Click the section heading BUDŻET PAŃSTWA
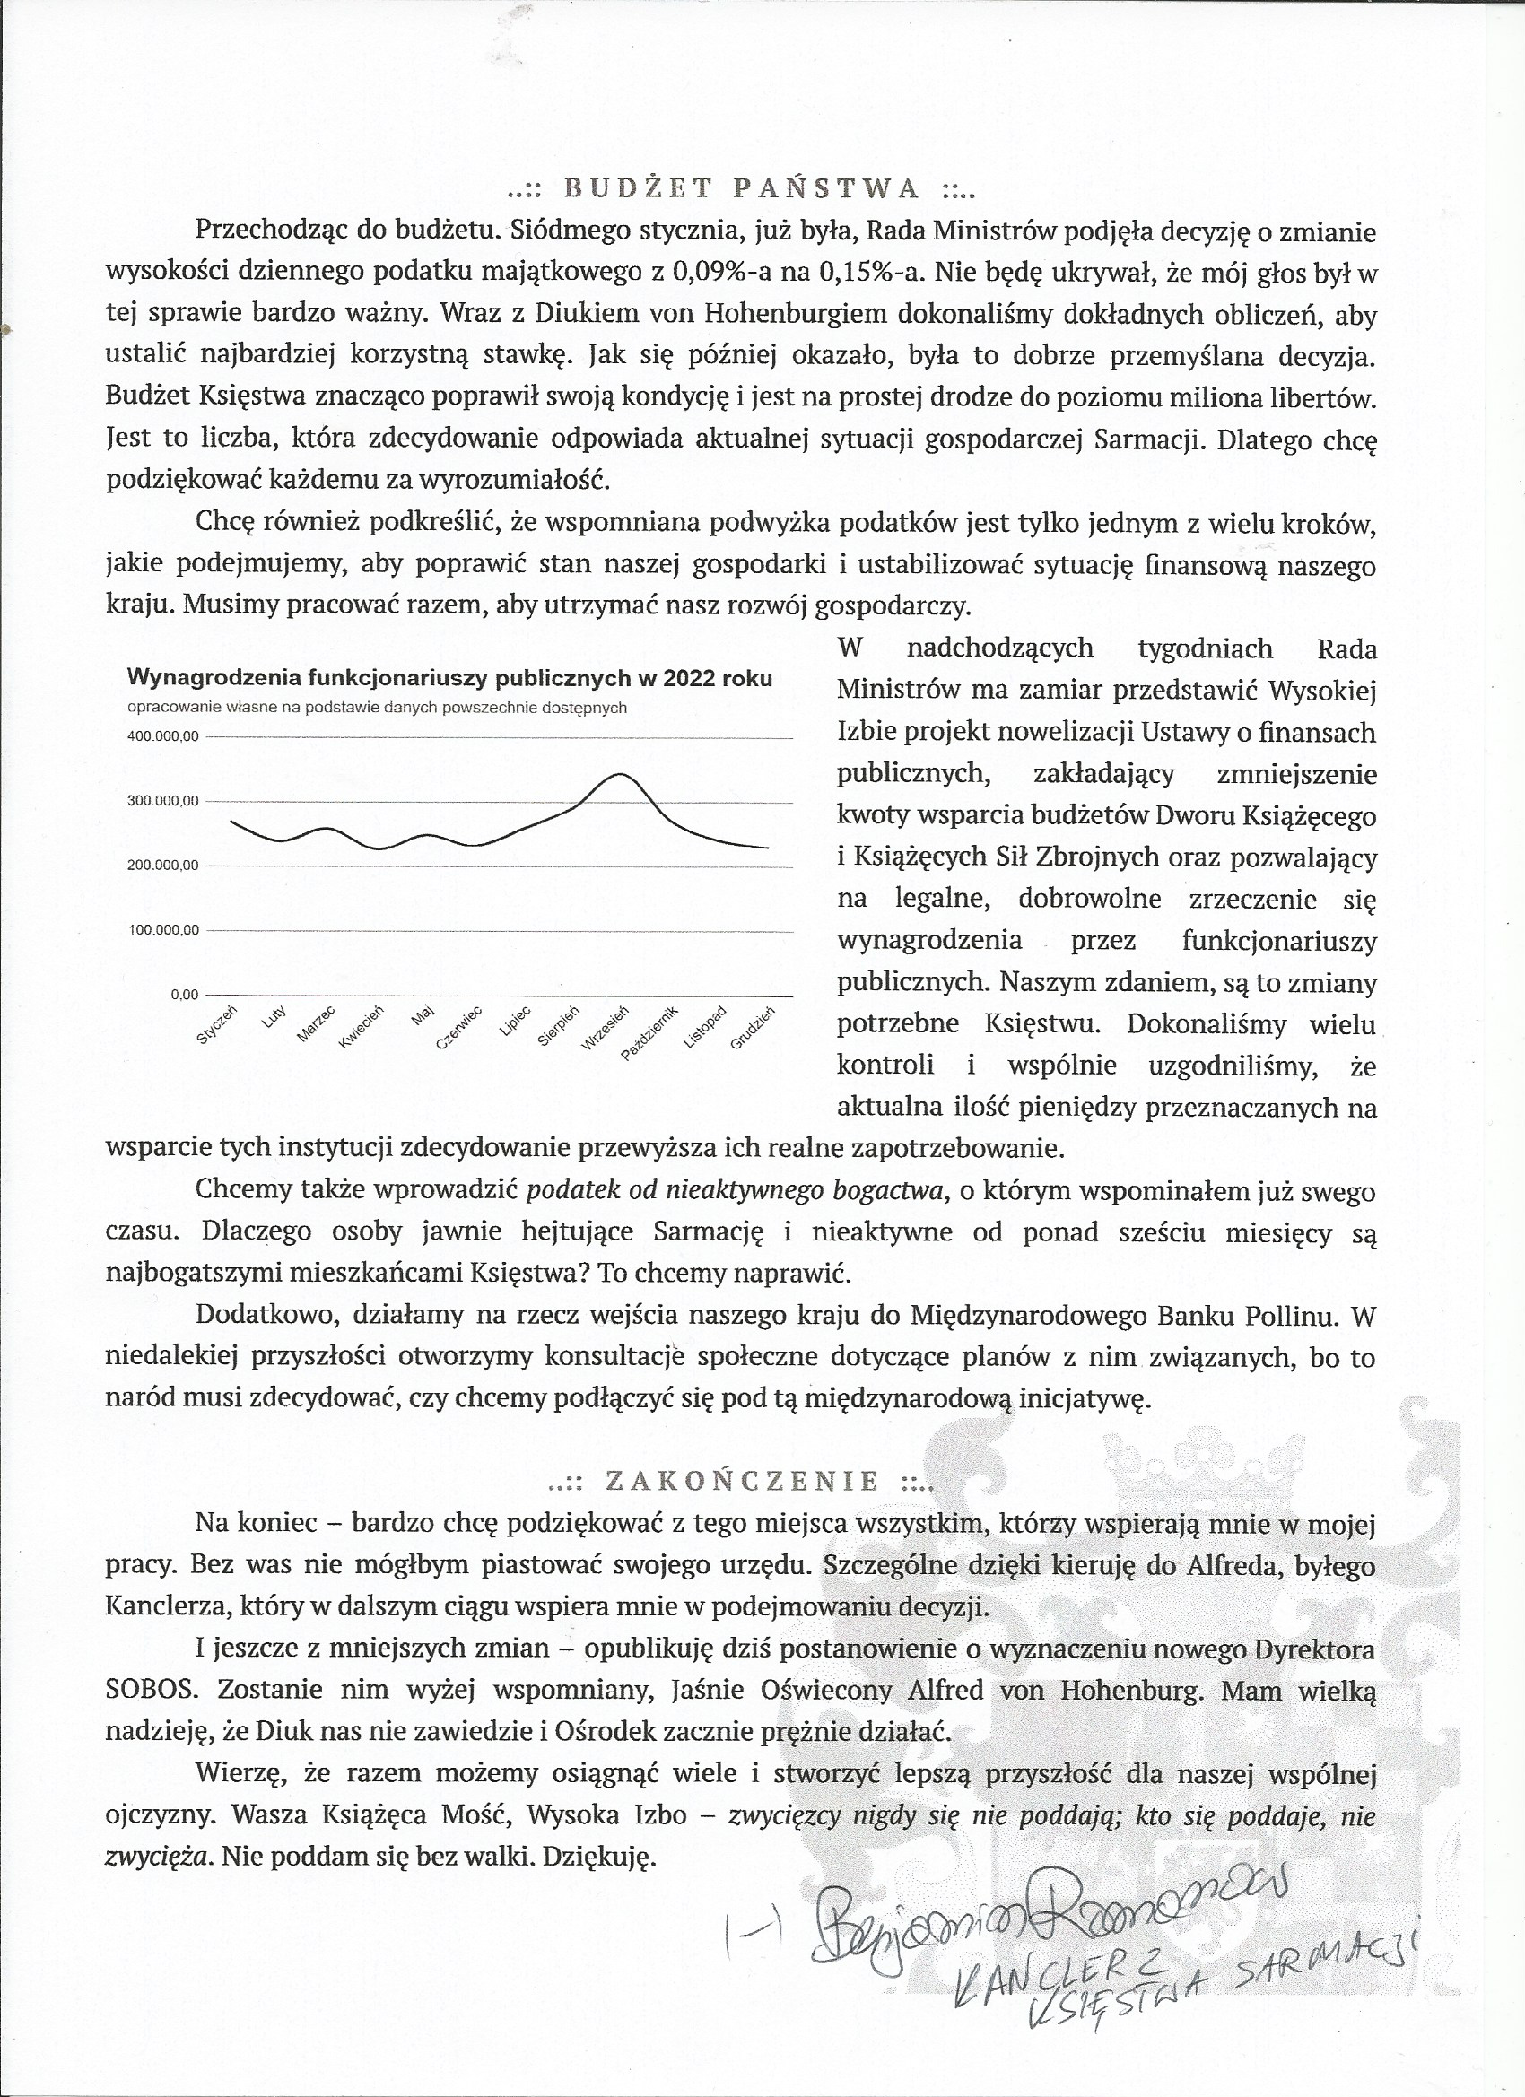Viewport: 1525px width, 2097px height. coord(742,188)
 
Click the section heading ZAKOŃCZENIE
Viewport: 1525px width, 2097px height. coord(742,1481)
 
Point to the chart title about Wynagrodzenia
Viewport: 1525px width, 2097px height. coord(449,678)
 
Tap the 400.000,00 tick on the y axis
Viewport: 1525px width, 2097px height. coord(162,737)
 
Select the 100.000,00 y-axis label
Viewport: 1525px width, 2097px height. coord(162,930)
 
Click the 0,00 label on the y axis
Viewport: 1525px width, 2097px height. coord(184,995)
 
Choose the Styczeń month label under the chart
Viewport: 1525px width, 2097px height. coord(218,1025)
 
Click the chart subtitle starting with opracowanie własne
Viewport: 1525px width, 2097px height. coord(378,709)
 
